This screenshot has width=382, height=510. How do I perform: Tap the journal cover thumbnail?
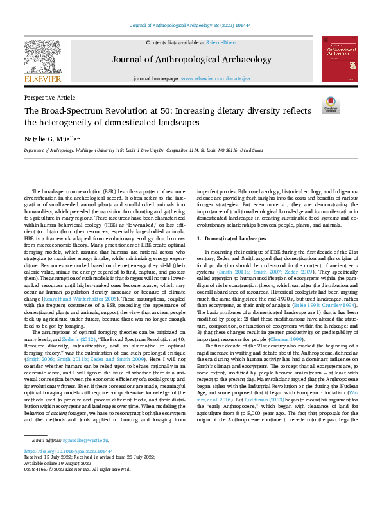pos(340,58)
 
